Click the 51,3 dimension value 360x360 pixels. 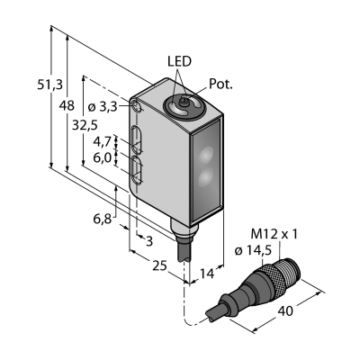[x=50, y=85]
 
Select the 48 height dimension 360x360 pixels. [x=67, y=105]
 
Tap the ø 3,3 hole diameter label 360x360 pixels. [x=103, y=106]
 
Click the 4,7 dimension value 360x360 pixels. [x=103, y=141]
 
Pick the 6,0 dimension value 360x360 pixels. [x=103, y=157]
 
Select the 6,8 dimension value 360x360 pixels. [x=103, y=219]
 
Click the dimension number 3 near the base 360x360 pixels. [x=149, y=241]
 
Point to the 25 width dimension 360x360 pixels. [x=159, y=265]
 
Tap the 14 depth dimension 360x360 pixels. [x=207, y=274]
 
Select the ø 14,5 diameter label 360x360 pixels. [x=253, y=250]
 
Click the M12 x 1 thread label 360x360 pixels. [x=274, y=234]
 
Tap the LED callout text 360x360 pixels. [x=179, y=61]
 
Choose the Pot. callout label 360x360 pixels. [x=220, y=85]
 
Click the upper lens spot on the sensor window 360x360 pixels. [x=206, y=156]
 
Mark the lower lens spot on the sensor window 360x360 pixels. [x=206, y=176]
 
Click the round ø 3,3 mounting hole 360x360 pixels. [x=137, y=105]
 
